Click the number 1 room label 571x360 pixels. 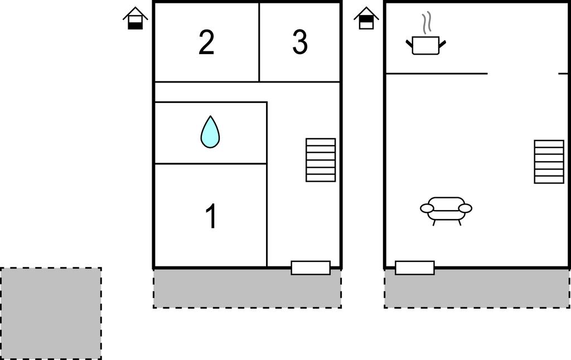pos(211,216)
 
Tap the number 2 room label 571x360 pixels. pos(206,43)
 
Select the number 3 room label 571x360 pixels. pos(300,43)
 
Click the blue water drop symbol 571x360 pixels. pos(210,133)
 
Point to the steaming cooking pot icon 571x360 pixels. pos(426,45)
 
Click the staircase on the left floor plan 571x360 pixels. pos(321,160)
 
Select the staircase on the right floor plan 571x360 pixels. pos(549,162)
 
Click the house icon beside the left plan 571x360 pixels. pos(136,18)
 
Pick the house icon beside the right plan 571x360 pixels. pos(366,18)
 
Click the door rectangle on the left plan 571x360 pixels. pos(311,267)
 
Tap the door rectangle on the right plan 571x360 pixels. pos(415,267)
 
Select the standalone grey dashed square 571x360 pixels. pos(51,313)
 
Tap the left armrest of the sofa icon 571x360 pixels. pos(427,208)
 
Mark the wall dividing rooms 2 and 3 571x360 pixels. pos(259,42)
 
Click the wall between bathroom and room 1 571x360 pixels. pos(210,164)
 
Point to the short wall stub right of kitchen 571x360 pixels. pos(563,74)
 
